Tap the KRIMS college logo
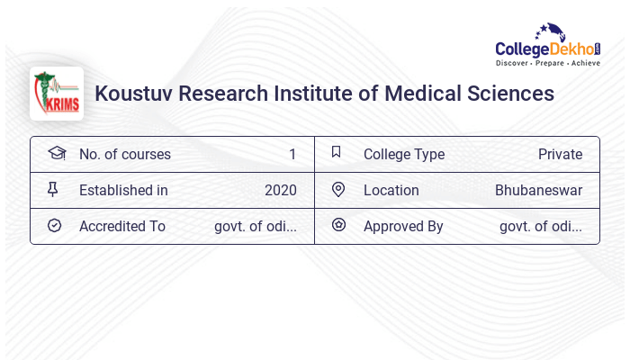click(x=57, y=94)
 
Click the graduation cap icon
click(x=56, y=153)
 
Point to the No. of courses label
click(x=125, y=154)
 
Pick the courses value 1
click(x=292, y=154)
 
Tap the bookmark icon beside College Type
click(x=337, y=152)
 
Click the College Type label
click(x=404, y=154)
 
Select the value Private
click(x=560, y=154)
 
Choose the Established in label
click(x=123, y=190)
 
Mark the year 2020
click(x=281, y=190)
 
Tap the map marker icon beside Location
click(x=338, y=189)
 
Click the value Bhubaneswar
click(x=538, y=190)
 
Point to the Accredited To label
click(x=122, y=226)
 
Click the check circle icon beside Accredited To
click(x=54, y=225)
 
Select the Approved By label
click(x=403, y=226)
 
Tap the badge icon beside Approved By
click(x=338, y=225)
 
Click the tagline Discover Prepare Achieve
click(x=548, y=64)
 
